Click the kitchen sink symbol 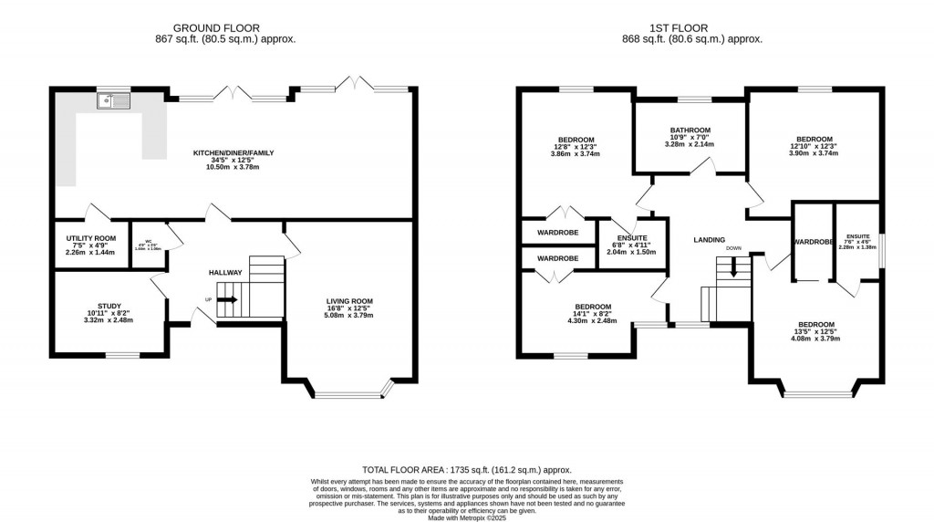116,100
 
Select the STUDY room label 109,306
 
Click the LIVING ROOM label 350,301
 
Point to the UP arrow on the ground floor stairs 226,299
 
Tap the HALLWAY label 224,272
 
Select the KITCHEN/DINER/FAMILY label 233,152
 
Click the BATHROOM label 690,130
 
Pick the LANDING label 709,240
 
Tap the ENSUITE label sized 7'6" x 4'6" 857,235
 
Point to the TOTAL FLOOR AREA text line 466,466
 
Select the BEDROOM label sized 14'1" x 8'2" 592,307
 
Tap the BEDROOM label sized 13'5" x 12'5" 815,325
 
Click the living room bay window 351,394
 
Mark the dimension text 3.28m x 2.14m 690,144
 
